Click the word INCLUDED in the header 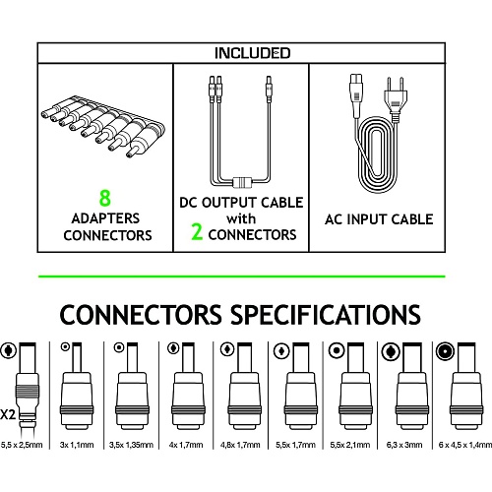(x=252, y=53)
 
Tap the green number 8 (x=105, y=198)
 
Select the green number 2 (x=197, y=231)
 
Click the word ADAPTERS (x=105, y=218)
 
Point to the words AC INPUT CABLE (x=379, y=219)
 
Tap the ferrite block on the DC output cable (x=242, y=182)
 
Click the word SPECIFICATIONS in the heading (x=325, y=315)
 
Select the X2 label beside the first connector (x=8, y=414)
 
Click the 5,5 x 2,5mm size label (x=22, y=445)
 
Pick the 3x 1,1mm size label (x=77, y=445)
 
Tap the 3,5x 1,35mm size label (x=131, y=445)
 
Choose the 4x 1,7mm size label (x=186, y=445)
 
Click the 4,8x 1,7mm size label (x=240, y=445)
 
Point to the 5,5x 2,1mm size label (x=350, y=445)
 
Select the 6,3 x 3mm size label (x=404, y=445)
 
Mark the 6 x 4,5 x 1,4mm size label (x=465, y=445)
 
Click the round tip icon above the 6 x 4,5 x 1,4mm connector (x=445, y=351)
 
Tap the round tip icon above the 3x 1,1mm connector (x=66, y=346)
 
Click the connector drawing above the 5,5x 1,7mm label (x=301, y=386)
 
